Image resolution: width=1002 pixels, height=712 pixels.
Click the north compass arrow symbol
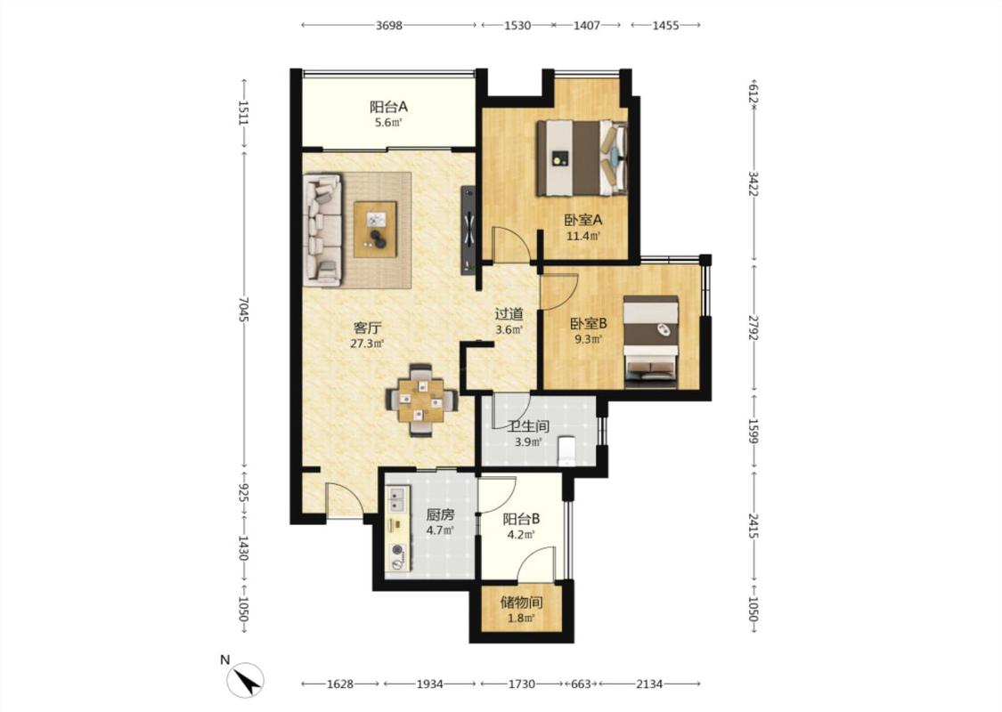(246, 680)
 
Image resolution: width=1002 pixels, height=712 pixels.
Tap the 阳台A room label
(388, 107)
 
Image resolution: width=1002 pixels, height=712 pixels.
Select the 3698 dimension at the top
(388, 26)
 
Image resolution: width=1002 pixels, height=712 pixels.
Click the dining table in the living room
(421, 400)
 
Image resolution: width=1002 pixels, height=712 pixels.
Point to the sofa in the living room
(322, 230)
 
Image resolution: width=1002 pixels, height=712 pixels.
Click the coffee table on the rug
(375, 230)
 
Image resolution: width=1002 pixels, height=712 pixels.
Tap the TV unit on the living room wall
(468, 230)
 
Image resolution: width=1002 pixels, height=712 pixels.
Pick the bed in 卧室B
(650, 341)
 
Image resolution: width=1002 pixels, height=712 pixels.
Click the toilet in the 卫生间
(566, 449)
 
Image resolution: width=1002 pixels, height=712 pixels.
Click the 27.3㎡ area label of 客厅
(367, 344)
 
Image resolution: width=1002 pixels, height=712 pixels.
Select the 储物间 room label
(521, 603)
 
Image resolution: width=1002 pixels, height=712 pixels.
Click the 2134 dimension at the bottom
(649, 684)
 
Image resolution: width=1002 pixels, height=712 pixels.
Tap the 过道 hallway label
(509, 314)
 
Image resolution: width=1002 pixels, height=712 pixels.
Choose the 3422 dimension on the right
(754, 183)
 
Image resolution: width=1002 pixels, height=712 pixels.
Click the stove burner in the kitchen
(398, 548)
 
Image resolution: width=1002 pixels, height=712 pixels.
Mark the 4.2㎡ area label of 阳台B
(521, 535)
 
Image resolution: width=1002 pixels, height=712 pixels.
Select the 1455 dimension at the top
(665, 26)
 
